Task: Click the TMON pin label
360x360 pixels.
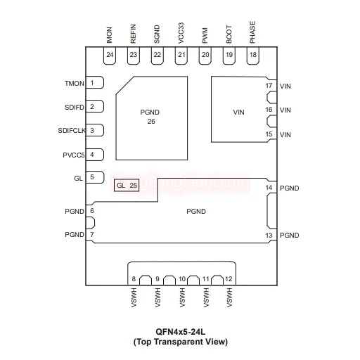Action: [75, 84]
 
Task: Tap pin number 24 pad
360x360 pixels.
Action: [110, 56]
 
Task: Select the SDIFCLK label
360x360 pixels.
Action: [72, 131]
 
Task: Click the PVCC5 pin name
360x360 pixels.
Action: [74, 155]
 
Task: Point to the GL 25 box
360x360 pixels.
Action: [127, 186]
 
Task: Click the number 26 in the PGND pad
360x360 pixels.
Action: [151, 122]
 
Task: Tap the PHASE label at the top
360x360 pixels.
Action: [252, 32]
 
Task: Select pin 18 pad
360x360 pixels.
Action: [253, 56]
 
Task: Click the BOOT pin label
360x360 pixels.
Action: [229, 34]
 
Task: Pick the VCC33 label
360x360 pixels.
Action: [181, 33]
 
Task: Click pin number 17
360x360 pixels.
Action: [269, 86]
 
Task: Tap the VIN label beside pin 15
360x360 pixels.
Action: [285, 135]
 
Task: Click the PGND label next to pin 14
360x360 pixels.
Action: [290, 188]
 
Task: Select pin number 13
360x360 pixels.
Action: [269, 235]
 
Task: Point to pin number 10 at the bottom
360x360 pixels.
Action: [182, 279]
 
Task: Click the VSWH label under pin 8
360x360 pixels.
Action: [134, 297]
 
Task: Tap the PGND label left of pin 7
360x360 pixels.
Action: [75, 235]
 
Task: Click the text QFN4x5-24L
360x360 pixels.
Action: [181, 332]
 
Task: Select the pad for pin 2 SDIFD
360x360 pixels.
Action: [95, 106]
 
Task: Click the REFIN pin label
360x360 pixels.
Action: [133, 34]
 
